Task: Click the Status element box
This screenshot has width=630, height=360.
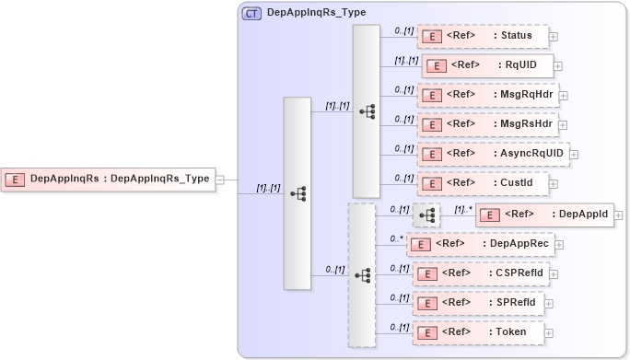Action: [x=483, y=36]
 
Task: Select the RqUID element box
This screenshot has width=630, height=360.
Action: [x=486, y=65]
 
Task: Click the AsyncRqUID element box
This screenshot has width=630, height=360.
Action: [x=493, y=154]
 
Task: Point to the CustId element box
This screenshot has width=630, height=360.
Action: [x=482, y=182]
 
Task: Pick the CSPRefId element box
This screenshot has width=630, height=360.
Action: [x=480, y=273]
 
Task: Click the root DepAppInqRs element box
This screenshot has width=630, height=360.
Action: [x=109, y=180]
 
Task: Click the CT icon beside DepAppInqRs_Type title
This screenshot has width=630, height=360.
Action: [x=251, y=14]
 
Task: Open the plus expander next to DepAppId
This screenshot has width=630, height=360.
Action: [x=619, y=215]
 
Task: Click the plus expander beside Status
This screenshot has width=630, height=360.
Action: [x=554, y=37]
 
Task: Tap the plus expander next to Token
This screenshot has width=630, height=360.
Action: [x=549, y=332]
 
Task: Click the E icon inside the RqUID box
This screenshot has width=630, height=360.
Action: [x=436, y=66]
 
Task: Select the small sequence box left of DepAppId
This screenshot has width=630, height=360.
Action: [x=426, y=215]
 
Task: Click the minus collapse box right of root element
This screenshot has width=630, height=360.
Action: [x=220, y=180]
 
